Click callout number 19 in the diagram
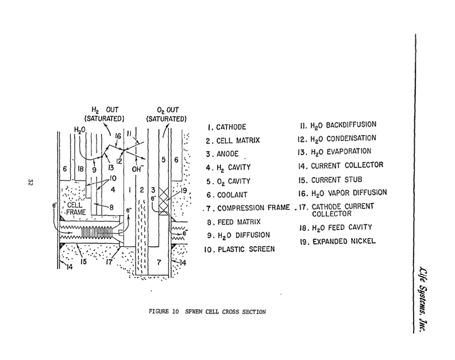183,192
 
